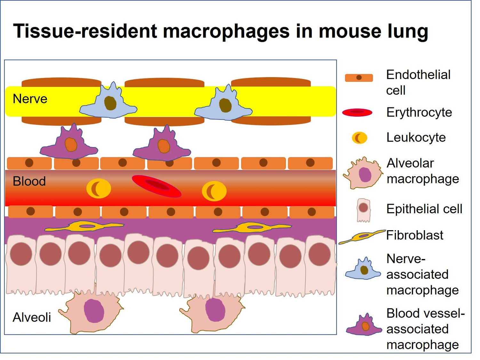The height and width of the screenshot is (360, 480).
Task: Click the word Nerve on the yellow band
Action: click(30, 99)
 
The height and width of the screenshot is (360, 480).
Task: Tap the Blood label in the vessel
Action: click(29, 181)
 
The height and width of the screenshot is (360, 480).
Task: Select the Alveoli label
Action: click(32, 317)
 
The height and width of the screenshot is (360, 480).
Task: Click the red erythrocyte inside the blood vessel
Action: click(156, 186)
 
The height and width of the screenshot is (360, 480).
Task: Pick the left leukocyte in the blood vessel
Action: click(99, 188)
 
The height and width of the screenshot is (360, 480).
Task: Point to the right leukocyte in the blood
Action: click(214, 191)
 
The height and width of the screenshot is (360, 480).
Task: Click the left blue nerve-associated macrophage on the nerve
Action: click(109, 103)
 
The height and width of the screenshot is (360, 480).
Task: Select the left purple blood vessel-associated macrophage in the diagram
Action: click(69, 144)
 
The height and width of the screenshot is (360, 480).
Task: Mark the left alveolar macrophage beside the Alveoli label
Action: click(93, 312)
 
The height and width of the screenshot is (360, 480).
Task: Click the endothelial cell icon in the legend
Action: click(359, 78)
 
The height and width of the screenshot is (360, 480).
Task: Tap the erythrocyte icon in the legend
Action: click(357, 113)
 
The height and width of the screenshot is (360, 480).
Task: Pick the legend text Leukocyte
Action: click(416, 137)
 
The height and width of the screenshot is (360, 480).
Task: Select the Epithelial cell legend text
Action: click(424, 209)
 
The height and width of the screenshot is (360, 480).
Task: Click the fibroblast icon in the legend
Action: click(362, 237)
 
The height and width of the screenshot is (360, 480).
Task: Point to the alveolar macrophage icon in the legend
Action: click(364, 174)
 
